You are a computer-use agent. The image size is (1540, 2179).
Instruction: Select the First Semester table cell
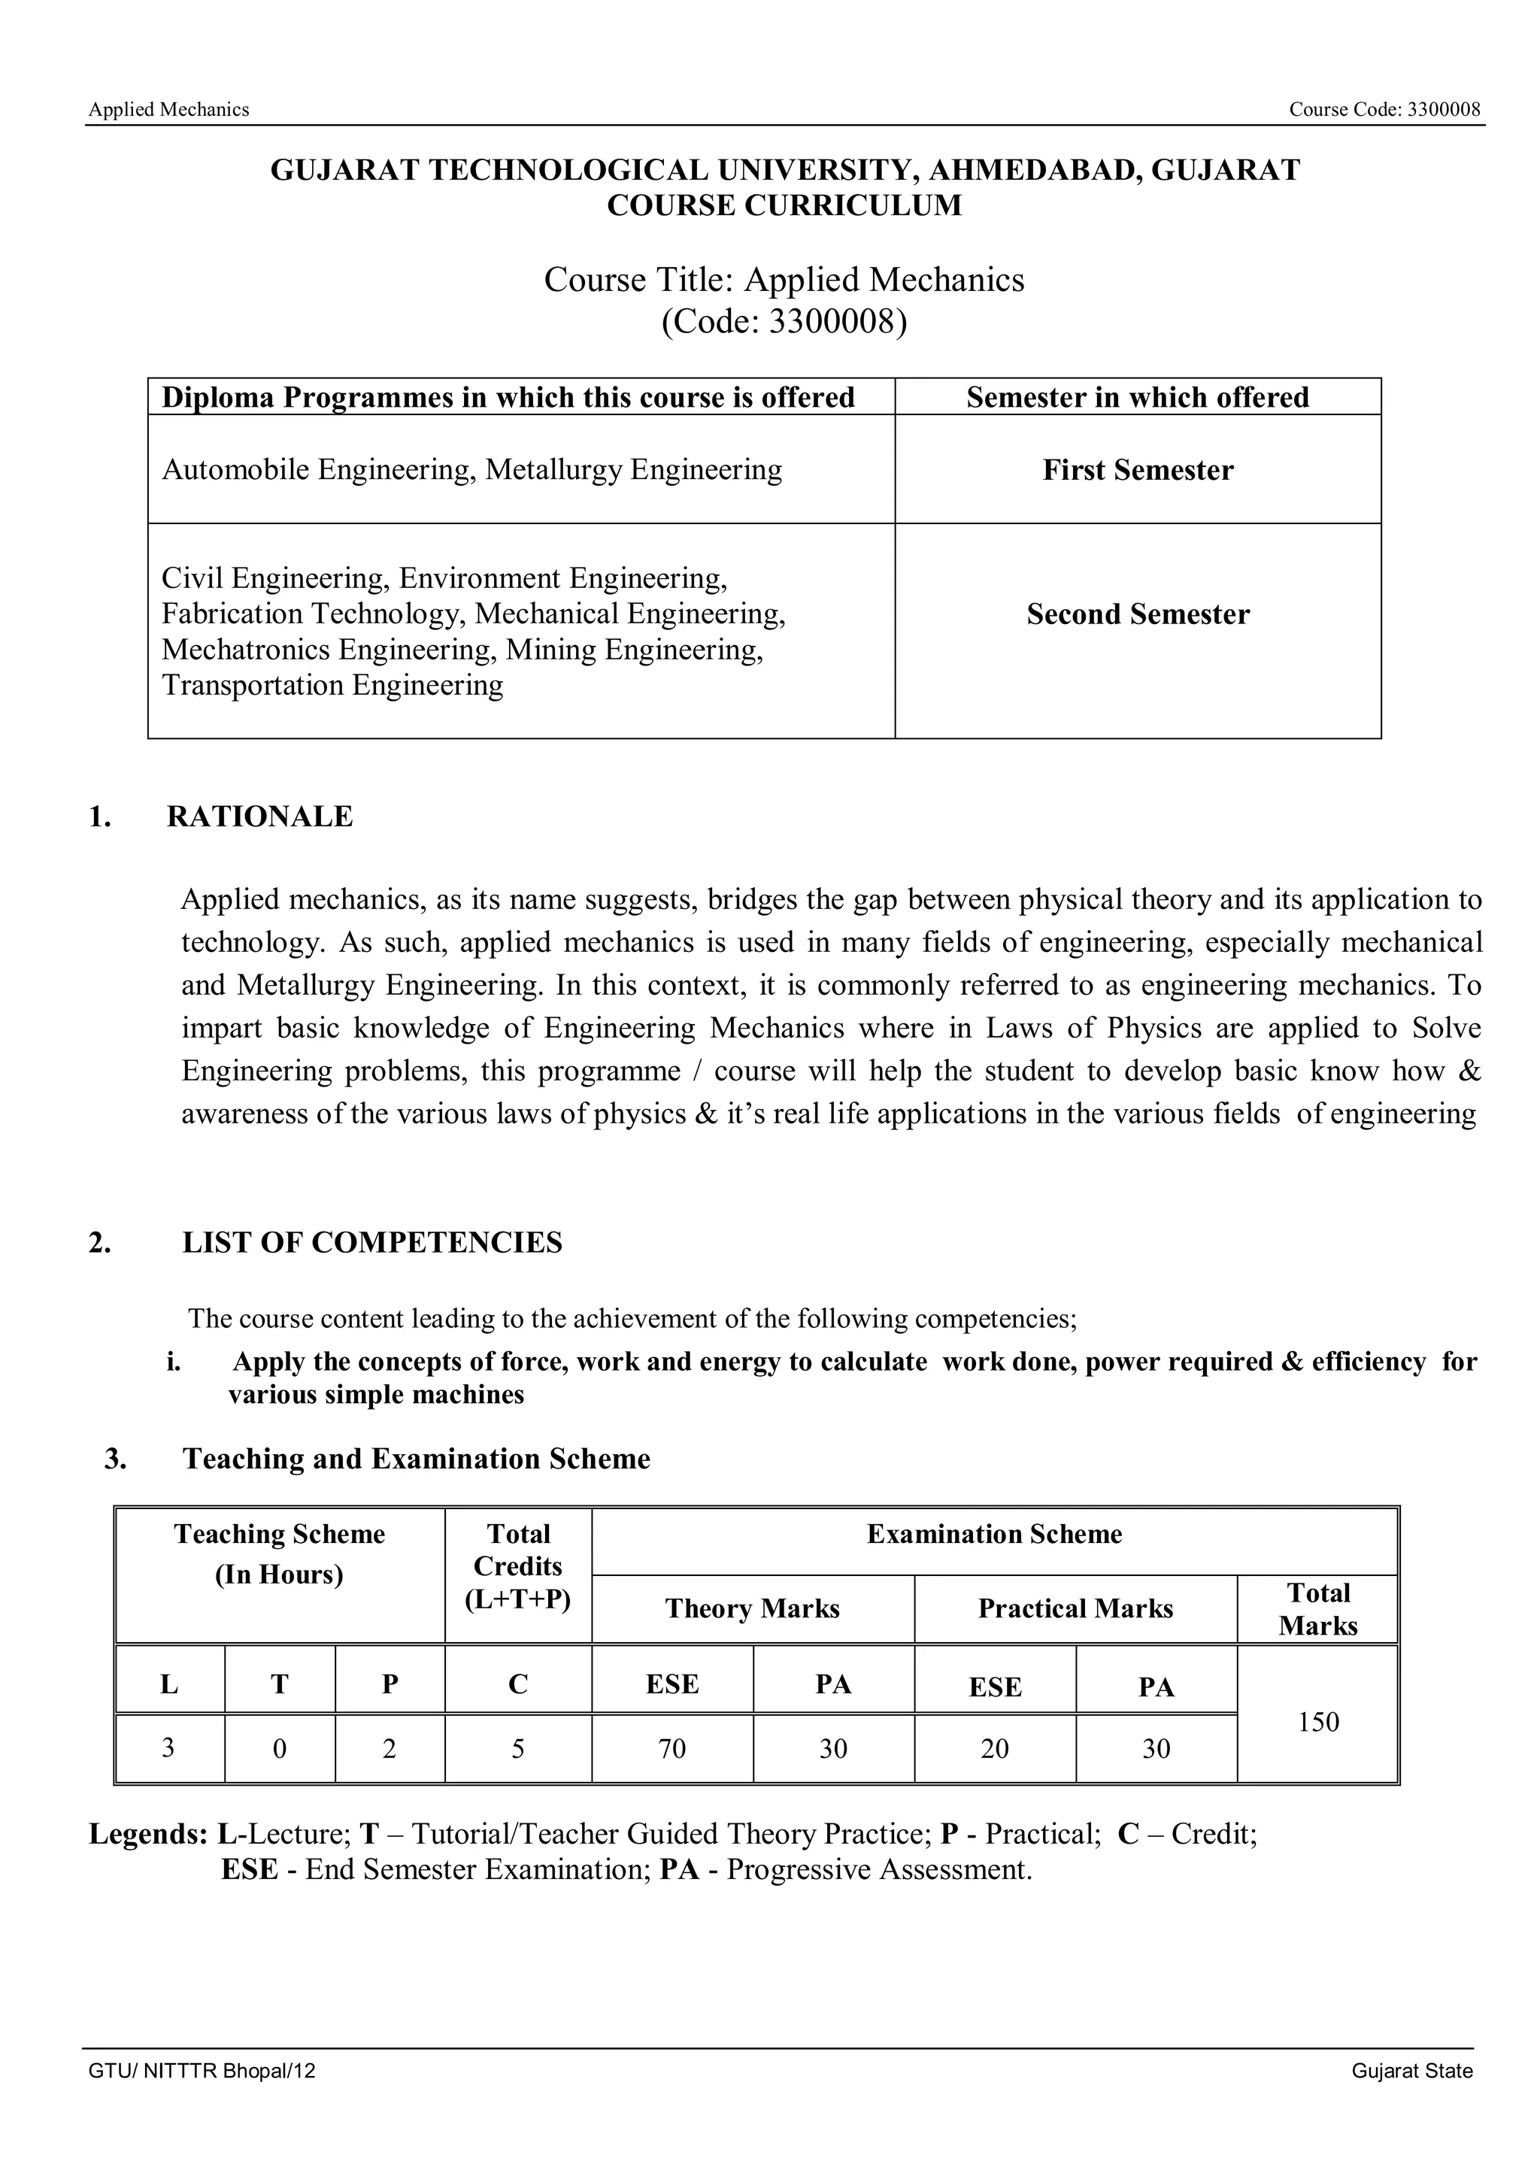(x=1137, y=470)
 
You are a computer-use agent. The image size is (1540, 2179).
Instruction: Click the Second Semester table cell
(x=1137, y=614)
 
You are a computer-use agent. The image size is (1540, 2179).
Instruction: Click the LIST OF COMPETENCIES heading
(x=372, y=1242)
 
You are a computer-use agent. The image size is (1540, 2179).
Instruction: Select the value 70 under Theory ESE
(x=671, y=1748)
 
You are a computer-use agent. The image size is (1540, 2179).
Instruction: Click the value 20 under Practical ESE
(x=994, y=1748)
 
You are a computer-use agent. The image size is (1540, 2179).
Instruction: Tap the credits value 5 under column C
(x=517, y=1748)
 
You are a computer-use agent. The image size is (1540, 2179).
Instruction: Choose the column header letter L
(x=169, y=1683)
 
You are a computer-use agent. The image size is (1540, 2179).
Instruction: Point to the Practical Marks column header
(x=1075, y=1608)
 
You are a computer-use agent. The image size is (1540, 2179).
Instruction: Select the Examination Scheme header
(x=993, y=1534)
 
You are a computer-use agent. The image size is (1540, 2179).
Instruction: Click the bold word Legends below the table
(x=148, y=1834)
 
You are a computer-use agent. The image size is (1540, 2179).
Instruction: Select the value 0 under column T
(x=279, y=1748)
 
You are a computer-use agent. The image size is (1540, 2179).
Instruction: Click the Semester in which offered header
(x=1137, y=397)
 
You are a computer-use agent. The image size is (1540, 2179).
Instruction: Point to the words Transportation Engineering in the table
(x=332, y=684)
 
